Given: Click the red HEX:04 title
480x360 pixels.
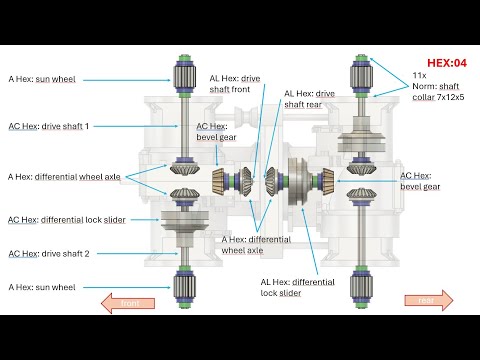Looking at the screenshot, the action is click(x=447, y=63).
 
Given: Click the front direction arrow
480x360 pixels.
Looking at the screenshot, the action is click(x=128, y=303).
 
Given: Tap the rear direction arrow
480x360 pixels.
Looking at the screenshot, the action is click(x=429, y=300).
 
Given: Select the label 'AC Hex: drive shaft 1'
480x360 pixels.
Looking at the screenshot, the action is click(x=49, y=126).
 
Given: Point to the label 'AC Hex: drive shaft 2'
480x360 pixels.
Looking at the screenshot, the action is click(x=49, y=254).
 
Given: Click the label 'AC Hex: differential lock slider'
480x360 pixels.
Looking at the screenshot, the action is click(x=67, y=220).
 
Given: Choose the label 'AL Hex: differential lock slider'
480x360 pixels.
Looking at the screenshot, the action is click(x=297, y=287).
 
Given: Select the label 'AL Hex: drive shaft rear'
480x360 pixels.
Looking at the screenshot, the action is click(x=309, y=99).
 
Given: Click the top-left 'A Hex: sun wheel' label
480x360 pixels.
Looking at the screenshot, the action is click(x=42, y=79).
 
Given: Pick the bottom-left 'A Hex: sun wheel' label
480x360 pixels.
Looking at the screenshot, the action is click(x=42, y=287).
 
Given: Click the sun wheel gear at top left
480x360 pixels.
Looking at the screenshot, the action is click(x=184, y=77).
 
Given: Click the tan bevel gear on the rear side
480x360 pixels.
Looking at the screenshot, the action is click(x=328, y=181).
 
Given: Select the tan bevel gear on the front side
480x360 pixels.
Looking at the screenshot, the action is click(x=219, y=181).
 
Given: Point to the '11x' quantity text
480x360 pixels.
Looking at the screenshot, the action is click(x=419, y=75).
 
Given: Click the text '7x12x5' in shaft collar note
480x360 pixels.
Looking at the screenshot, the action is click(x=450, y=97).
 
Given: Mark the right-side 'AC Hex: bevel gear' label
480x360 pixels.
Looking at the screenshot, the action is click(x=420, y=181).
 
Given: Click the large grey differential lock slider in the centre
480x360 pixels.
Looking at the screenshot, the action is click(x=299, y=182).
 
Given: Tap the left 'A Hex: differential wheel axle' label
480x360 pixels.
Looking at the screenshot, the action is click(x=64, y=177).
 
